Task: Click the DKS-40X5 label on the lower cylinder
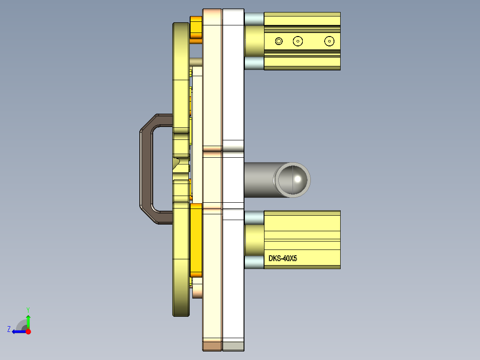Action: tap(282, 258)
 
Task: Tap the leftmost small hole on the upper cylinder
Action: tap(279, 41)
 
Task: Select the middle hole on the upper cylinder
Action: tap(298, 41)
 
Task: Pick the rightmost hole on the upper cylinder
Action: tap(329, 41)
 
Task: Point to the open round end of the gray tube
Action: tap(292, 180)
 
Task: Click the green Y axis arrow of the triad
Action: tap(28, 320)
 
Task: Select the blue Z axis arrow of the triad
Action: tap(18, 331)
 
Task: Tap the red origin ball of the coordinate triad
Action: tap(28, 331)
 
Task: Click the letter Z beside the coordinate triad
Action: tap(9, 329)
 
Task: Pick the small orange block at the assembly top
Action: tap(196, 29)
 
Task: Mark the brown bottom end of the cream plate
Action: tap(212, 346)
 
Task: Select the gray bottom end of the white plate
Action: tap(233, 346)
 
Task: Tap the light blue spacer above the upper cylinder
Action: tap(254, 18)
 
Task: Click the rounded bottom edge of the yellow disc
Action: tap(182, 313)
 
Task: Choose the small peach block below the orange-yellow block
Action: tap(197, 291)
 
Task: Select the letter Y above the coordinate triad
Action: tap(28, 310)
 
